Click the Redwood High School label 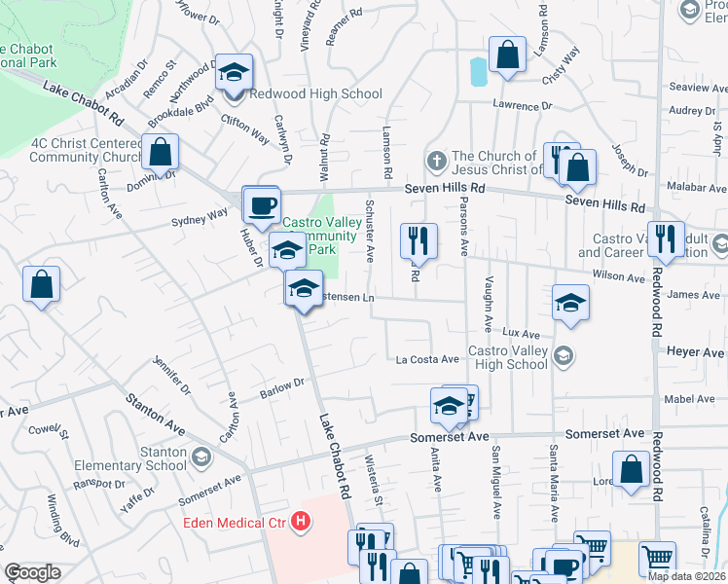314,94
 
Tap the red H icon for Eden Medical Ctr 302,523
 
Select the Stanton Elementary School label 149,458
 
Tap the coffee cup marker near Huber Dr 260,205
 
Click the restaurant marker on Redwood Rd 666,238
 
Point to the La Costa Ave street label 427,359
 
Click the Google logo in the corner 33,572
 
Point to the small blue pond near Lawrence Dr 477,71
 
